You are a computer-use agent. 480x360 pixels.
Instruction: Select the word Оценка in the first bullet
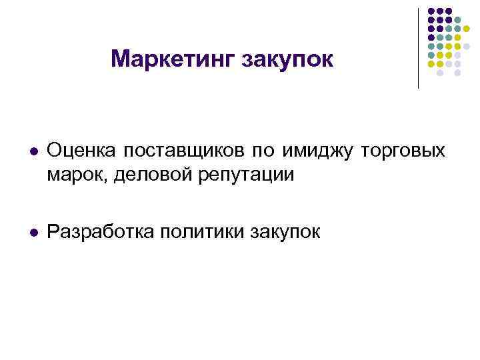pos(78,152)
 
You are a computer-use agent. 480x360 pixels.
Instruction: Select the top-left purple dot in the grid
pos(431,11)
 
